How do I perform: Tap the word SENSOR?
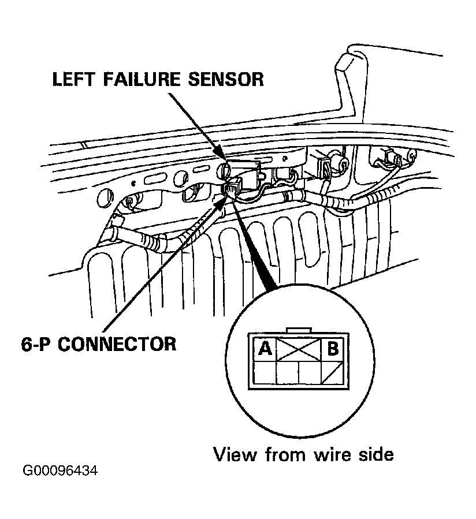click(226, 80)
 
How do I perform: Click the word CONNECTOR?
click(117, 344)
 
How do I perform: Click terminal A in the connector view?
click(265, 349)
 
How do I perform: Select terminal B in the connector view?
click(333, 349)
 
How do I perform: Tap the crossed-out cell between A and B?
click(299, 349)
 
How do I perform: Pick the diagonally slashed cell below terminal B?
click(333, 373)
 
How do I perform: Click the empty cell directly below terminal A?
click(265, 373)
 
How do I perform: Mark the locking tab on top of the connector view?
click(299, 330)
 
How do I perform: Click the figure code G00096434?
click(60, 471)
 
